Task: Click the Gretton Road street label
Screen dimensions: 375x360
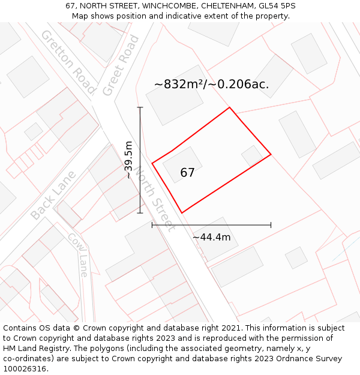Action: [68, 61]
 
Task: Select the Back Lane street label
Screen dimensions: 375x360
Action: [53, 195]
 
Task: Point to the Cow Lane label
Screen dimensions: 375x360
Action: [78, 255]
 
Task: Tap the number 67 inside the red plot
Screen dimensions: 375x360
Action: [187, 173]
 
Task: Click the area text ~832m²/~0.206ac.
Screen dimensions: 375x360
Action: [211, 85]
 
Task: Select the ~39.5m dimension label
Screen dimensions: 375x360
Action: [128, 160]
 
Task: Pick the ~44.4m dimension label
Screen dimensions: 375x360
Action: [211, 237]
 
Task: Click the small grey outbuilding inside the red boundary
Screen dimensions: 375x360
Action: [252, 156]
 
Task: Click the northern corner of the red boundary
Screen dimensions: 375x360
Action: [230, 108]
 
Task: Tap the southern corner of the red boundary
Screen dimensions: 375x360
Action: [181, 213]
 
